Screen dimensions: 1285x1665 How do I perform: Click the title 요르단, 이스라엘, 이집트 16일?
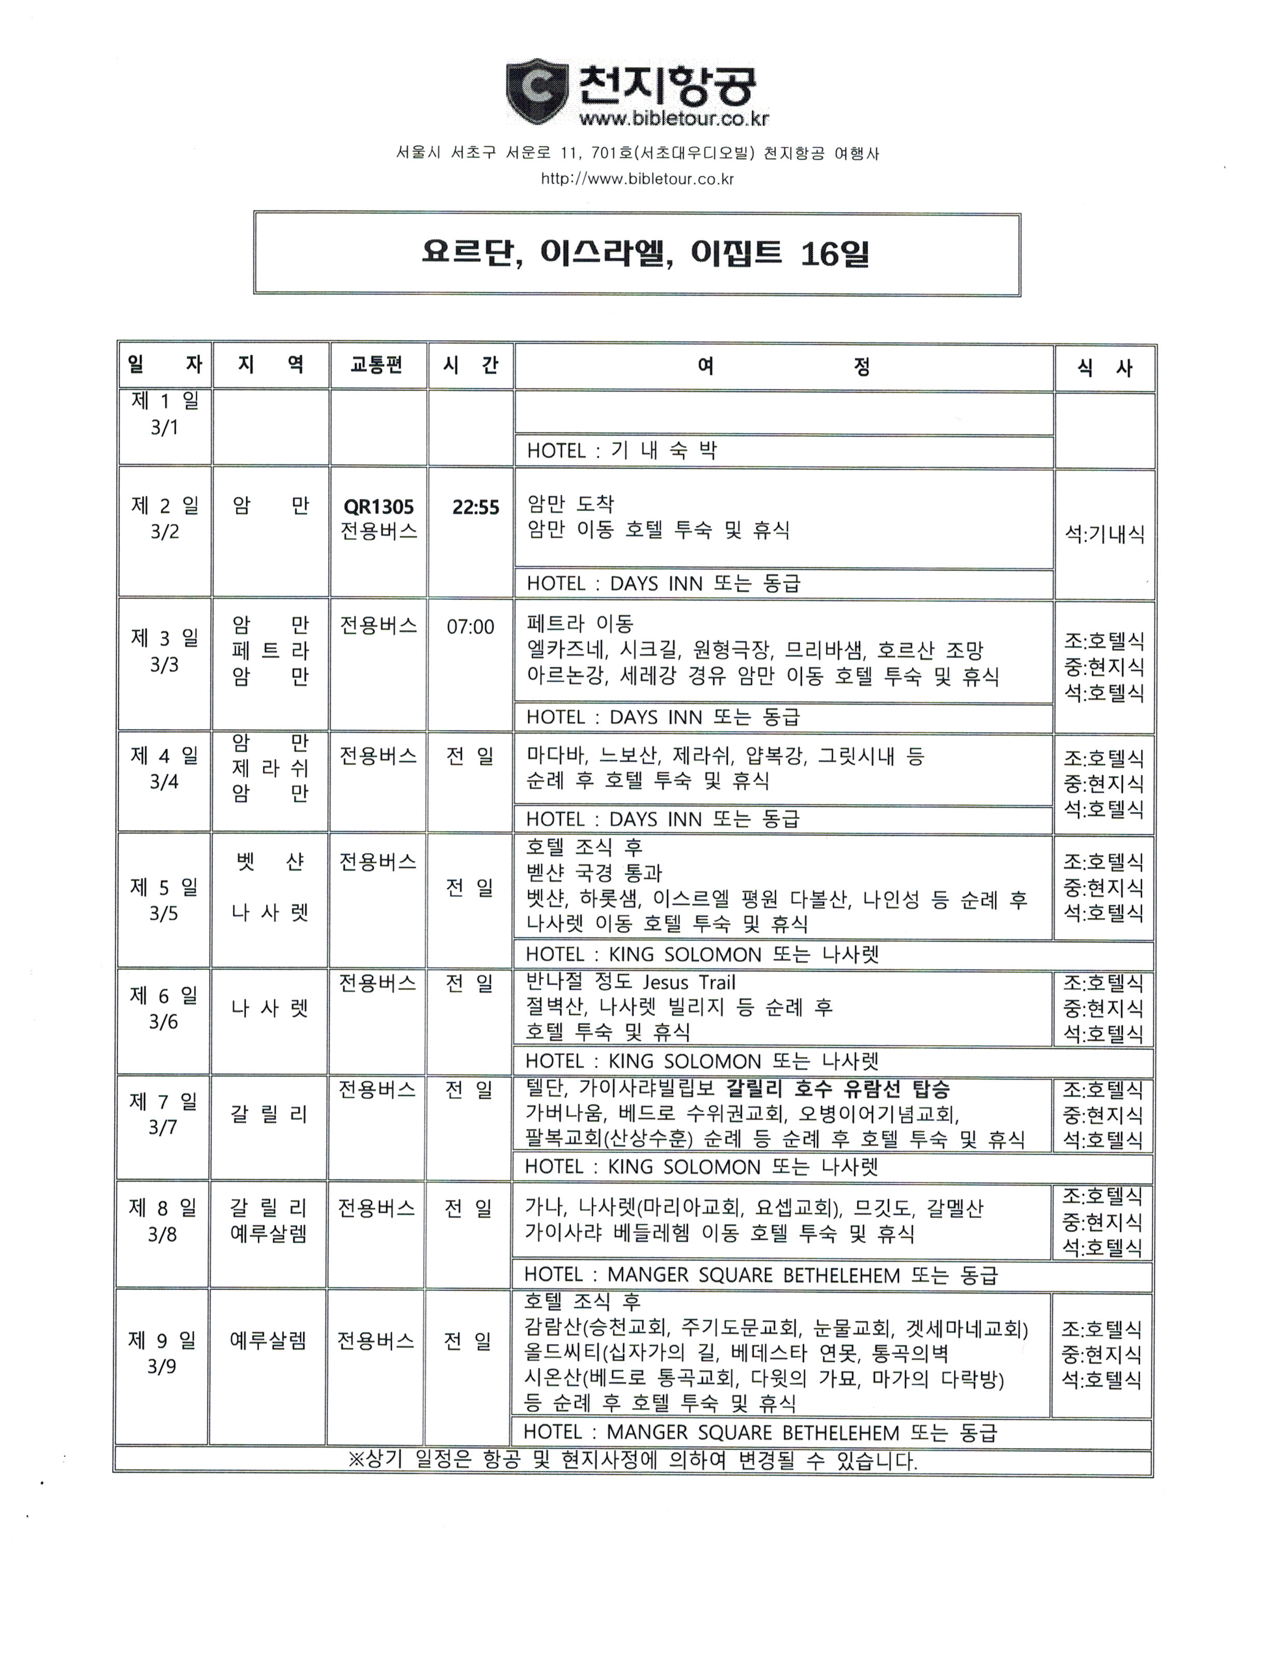tap(645, 254)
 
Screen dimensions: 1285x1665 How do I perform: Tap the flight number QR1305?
tap(379, 507)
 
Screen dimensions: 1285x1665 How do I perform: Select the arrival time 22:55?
tap(475, 507)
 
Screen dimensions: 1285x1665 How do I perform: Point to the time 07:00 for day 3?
tap(470, 627)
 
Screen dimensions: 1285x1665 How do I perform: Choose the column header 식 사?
tap(1105, 368)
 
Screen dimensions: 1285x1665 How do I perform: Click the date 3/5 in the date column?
tap(163, 913)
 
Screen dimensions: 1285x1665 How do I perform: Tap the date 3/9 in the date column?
tap(162, 1366)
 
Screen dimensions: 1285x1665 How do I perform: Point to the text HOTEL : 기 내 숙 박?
tap(622, 451)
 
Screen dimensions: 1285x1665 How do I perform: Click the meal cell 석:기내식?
tap(1105, 535)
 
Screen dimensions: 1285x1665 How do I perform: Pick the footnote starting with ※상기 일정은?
tap(632, 1461)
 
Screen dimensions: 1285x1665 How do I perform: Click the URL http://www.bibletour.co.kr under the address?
tap(637, 179)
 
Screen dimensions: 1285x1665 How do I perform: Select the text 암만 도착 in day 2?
tap(571, 503)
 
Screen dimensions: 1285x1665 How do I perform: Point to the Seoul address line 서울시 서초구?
tap(637, 153)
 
